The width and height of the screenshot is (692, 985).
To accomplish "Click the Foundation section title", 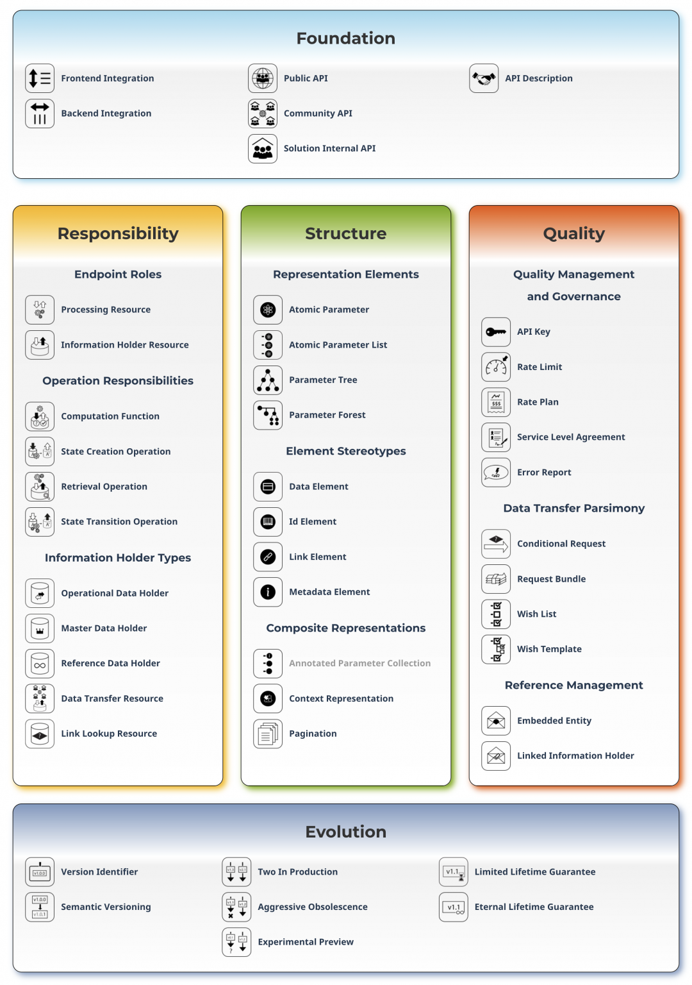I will [x=345, y=38].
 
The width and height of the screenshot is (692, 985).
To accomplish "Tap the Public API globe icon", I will [x=263, y=78].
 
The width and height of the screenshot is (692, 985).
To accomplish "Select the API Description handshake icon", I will [x=484, y=78].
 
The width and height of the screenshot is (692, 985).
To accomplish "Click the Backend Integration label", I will [x=106, y=114].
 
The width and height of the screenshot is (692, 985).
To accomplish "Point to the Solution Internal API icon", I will [x=263, y=149].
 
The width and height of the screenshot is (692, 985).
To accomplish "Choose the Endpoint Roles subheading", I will [x=118, y=274].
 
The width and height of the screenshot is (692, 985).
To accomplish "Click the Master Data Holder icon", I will [x=40, y=628].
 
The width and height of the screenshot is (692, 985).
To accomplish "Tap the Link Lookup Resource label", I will [x=109, y=734].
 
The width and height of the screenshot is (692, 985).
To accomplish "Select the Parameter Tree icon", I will [x=268, y=380].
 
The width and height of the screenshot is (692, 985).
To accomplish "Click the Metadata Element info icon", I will [x=268, y=592].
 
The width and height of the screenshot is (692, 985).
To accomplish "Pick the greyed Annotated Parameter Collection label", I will [x=359, y=663].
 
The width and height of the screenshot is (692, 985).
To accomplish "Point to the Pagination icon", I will [x=268, y=734].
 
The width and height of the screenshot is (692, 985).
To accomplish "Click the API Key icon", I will [x=496, y=332].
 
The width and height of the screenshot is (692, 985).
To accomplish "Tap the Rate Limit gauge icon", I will [x=496, y=367].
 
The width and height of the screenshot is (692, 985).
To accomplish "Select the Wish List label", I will [x=536, y=614].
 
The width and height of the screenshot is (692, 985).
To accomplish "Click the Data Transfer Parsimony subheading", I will [x=573, y=508].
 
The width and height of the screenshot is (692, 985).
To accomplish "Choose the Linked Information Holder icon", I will [x=496, y=756].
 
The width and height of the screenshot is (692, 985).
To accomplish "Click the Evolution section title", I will [x=345, y=832].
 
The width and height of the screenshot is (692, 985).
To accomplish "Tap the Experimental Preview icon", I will [x=236, y=942].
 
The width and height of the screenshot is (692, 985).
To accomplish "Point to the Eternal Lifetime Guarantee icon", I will [x=454, y=907].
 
